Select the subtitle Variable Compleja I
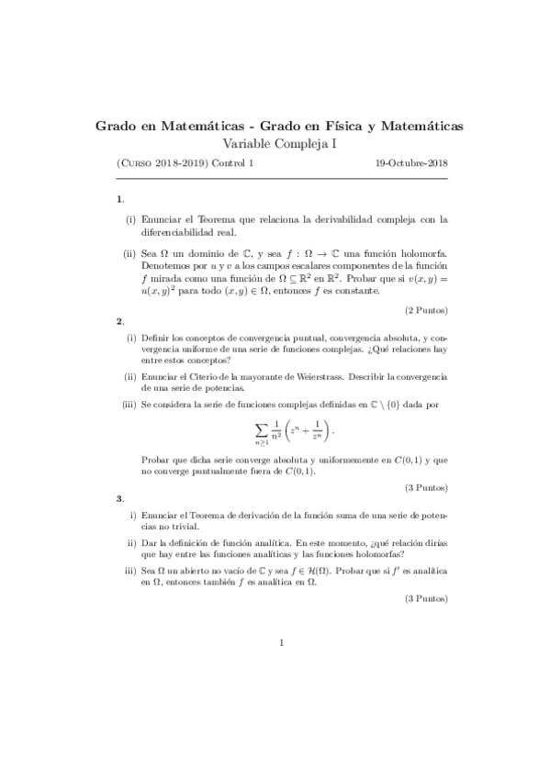coord(280,142)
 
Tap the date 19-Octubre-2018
coord(412,163)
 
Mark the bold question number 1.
coord(119,199)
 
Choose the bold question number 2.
coord(119,321)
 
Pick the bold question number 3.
coord(119,498)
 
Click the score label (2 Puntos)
coord(421,310)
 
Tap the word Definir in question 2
coord(155,338)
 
